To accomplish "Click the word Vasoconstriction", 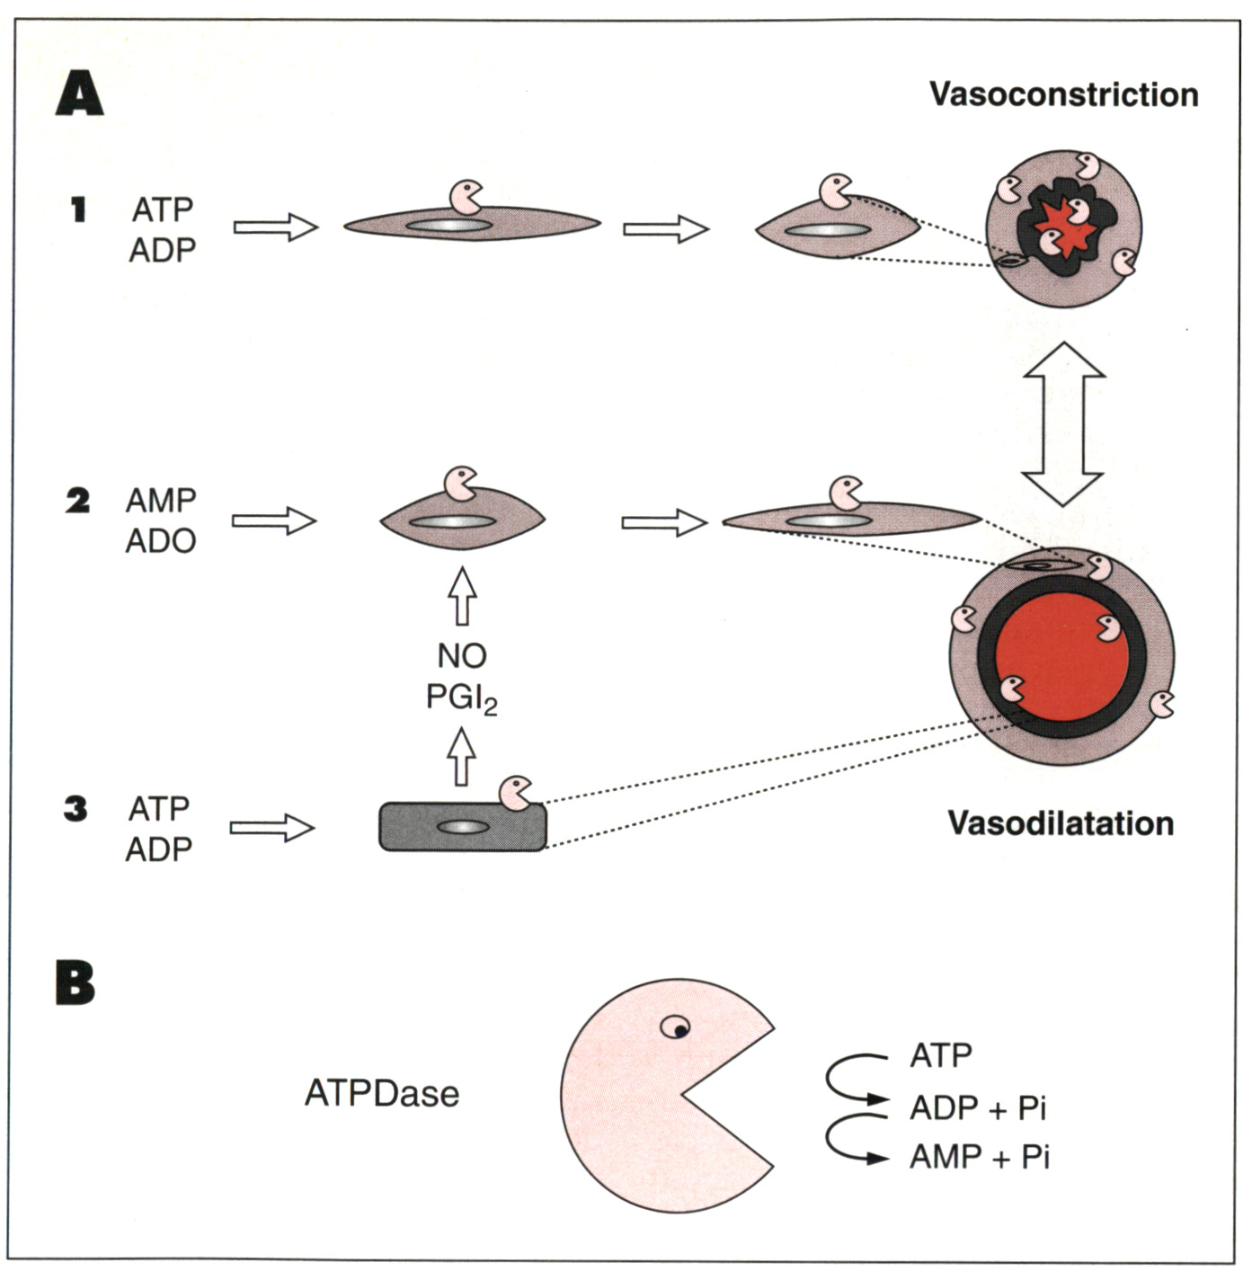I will point(1063,94).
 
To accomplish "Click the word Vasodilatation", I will point(1061,823).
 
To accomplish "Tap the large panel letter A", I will point(79,94).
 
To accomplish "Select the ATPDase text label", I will point(382,1094).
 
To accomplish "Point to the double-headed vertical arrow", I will point(1063,423).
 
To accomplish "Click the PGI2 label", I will point(461,698).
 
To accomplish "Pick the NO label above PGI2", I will point(462,656).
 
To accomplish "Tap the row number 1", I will point(78,209).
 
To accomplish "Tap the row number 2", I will point(77,501).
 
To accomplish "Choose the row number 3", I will point(75,809).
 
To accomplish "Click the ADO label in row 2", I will point(161,541).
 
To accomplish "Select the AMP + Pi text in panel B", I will point(979,1157).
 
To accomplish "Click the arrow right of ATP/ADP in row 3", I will point(272,828).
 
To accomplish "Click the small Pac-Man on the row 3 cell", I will point(516,793).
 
